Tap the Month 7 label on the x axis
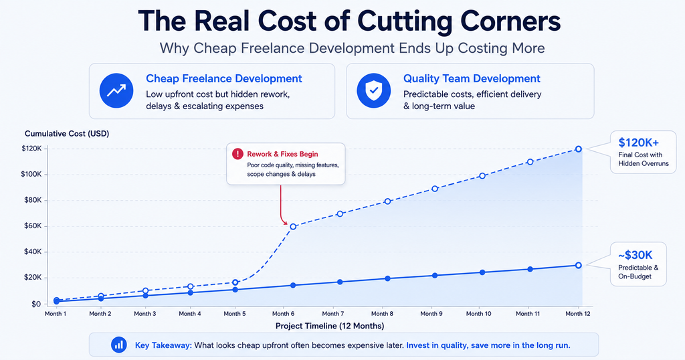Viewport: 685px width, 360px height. click(333, 314)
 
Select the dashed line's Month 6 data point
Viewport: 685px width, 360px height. click(293, 226)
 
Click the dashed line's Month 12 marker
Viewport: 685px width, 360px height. click(579, 149)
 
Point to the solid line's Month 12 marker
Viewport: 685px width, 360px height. click(579, 265)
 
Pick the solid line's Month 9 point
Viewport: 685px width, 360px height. click(435, 276)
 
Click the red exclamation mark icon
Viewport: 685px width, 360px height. click(237, 154)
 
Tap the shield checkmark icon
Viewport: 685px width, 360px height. click(373, 90)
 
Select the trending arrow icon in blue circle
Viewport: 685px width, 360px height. click(116, 90)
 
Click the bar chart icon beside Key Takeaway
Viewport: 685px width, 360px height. click(119, 345)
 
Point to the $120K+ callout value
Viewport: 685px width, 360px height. click(639, 143)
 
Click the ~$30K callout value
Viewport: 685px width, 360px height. click(635, 255)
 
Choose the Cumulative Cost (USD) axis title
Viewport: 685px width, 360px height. click(67, 134)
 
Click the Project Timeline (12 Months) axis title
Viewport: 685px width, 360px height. click(330, 326)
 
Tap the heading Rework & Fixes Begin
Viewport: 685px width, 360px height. click(283, 154)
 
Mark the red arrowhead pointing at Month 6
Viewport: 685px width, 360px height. click(286, 223)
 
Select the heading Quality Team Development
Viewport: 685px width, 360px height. click(472, 79)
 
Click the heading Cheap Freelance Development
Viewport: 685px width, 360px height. click(223, 79)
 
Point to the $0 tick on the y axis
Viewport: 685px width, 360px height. click(36, 304)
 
